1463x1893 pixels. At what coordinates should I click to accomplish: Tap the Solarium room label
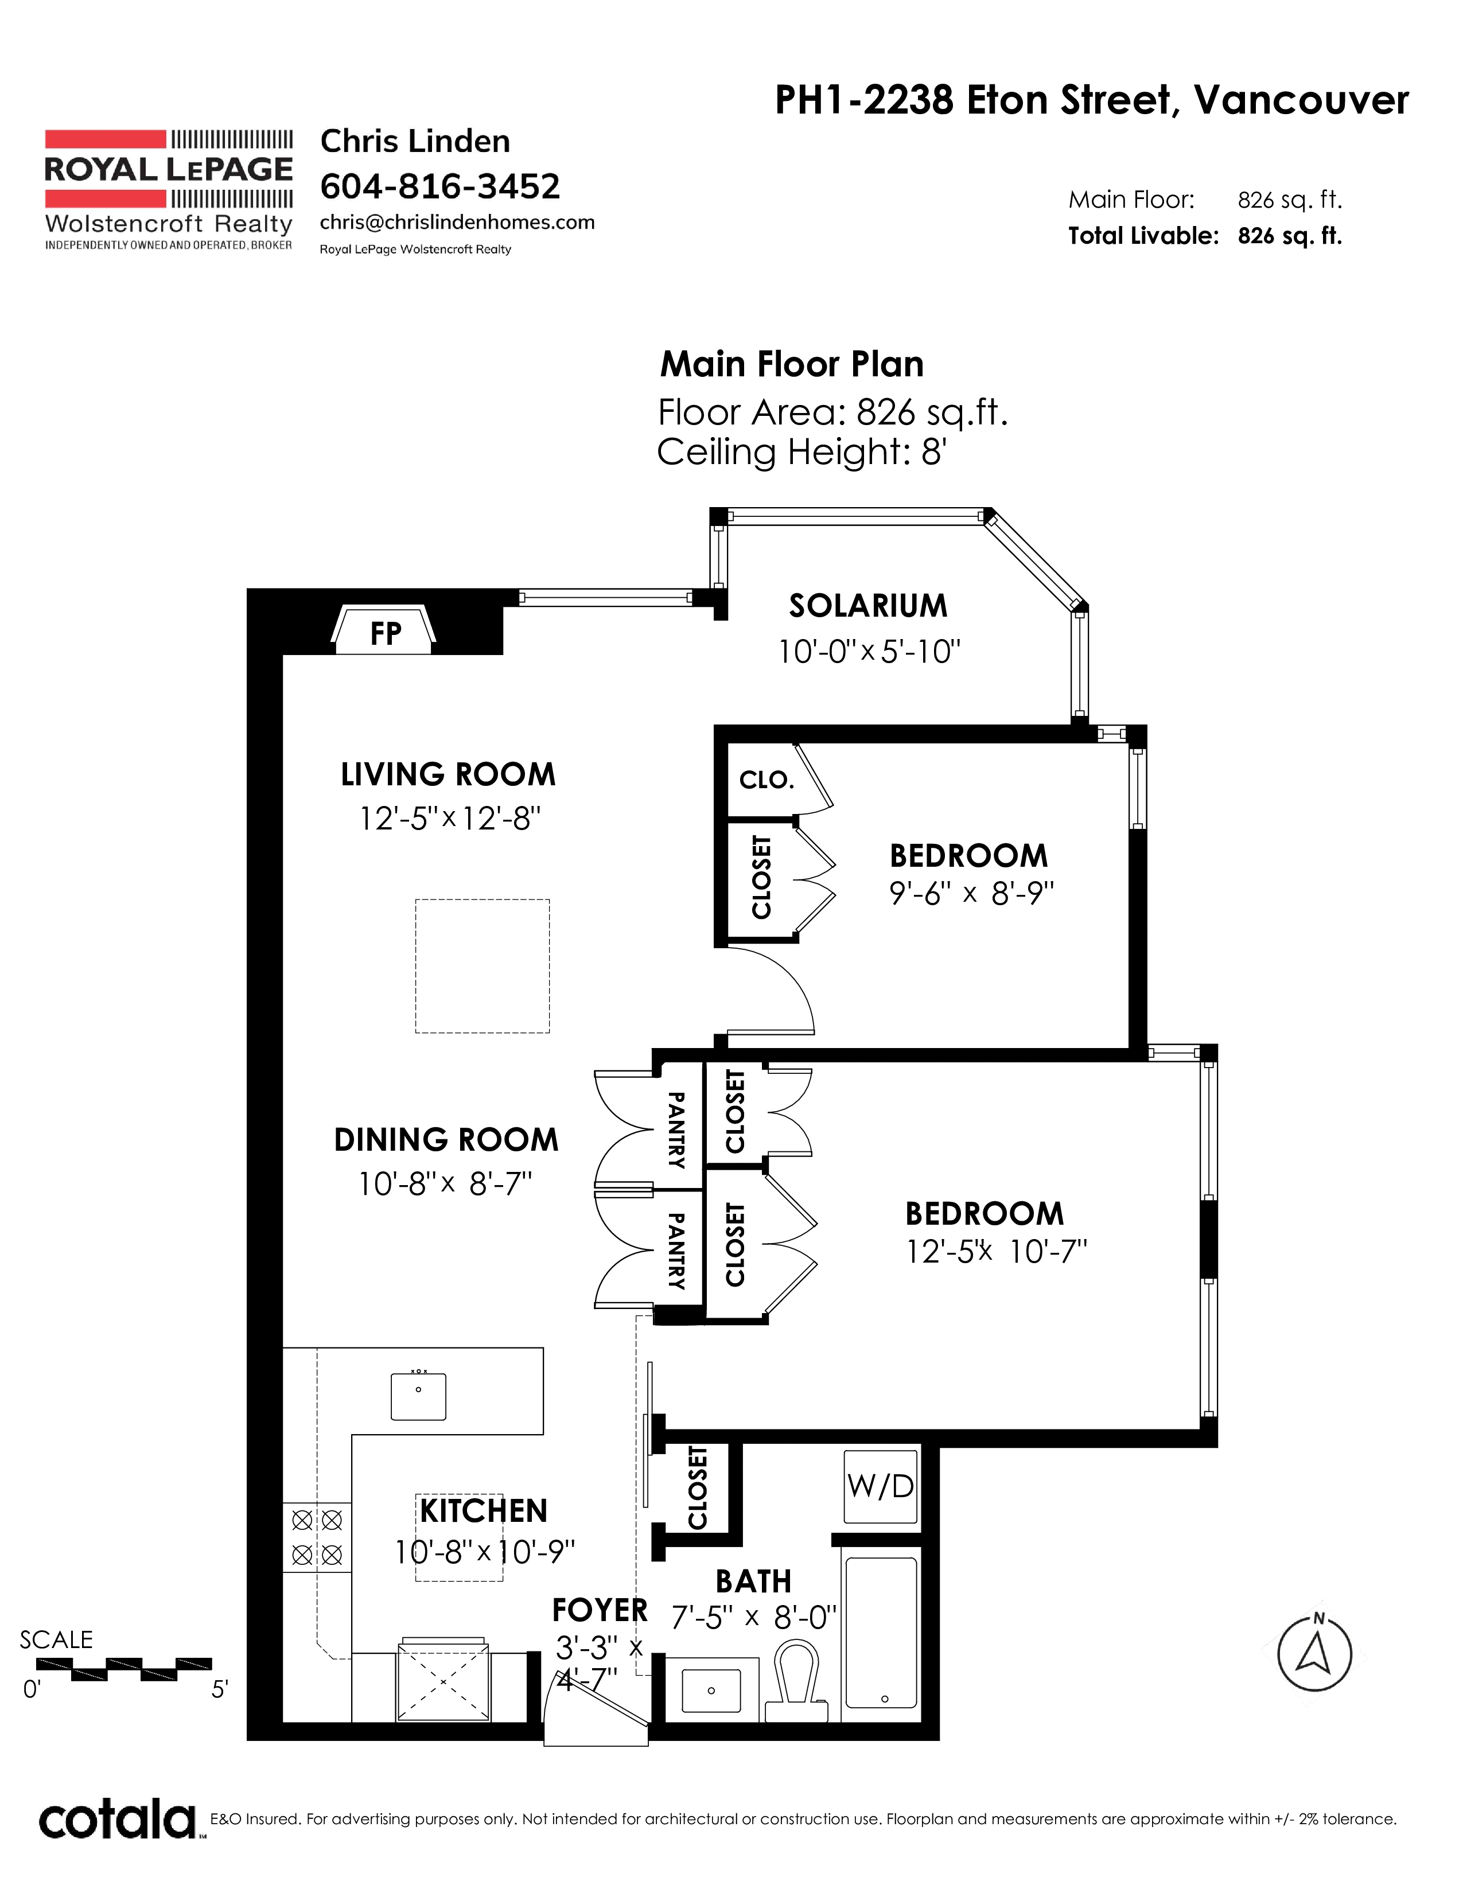867,606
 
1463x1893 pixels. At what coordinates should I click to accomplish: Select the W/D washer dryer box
881,1486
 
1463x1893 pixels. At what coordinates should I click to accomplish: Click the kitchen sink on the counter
419,1396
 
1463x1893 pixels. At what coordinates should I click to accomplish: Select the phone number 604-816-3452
440,185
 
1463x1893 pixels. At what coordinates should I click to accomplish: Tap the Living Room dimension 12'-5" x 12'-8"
450,817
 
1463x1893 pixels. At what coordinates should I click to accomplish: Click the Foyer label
600,1610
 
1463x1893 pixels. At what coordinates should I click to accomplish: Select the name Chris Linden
415,141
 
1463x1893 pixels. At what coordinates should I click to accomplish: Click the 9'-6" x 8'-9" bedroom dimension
971,894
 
